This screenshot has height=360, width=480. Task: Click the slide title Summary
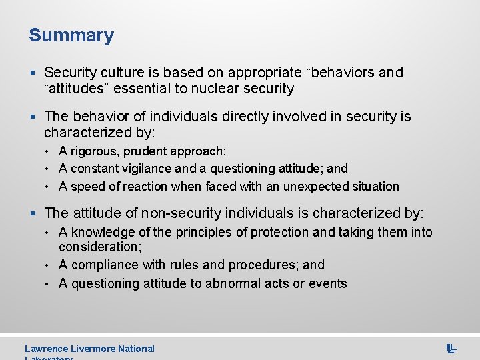[x=71, y=35]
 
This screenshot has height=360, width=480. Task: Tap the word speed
[x=86, y=186]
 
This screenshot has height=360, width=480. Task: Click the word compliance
[x=102, y=265]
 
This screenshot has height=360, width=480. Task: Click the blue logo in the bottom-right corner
[x=451, y=348]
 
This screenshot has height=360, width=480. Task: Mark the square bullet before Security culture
[x=33, y=73]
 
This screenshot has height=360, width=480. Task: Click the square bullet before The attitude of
[x=33, y=213]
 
